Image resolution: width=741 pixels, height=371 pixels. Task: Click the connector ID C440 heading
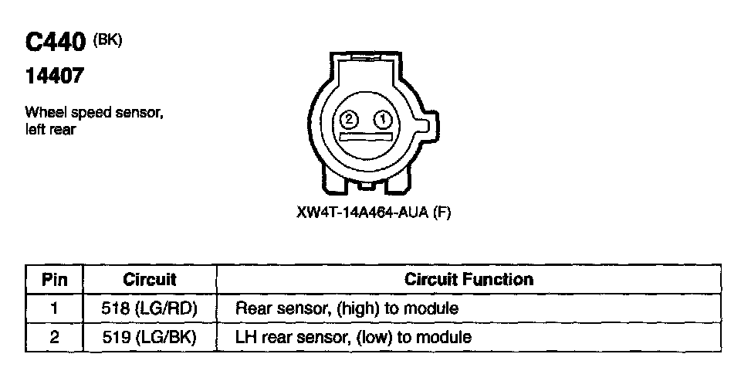[x=54, y=44]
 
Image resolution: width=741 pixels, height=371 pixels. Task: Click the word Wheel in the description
[x=42, y=113]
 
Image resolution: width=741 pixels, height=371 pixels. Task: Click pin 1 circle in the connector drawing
[x=382, y=119]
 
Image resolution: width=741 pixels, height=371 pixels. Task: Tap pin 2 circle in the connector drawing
[x=348, y=119]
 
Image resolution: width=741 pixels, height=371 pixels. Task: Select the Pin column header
[x=54, y=279]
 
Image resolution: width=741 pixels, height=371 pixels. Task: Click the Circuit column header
[x=150, y=279]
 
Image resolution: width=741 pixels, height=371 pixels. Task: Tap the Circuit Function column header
[x=469, y=279]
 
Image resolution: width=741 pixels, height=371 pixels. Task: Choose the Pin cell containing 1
[x=54, y=308]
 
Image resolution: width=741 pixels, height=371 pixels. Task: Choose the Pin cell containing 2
[x=54, y=337]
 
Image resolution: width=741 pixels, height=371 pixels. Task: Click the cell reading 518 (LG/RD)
[x=150, y=308]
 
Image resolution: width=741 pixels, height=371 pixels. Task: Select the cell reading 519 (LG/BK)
[x=150, y=337]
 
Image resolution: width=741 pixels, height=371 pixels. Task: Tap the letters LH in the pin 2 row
[x=245, y=337]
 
